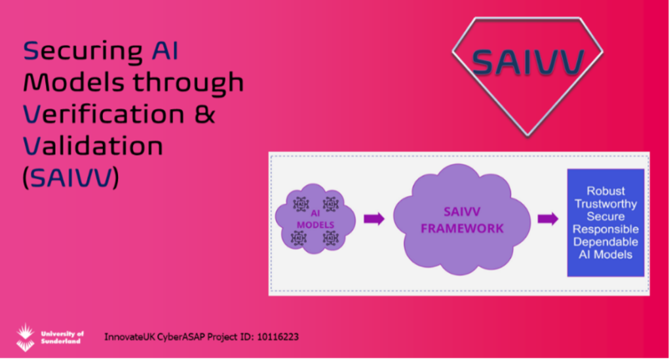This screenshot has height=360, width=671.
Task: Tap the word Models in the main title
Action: pyautogui.click(x=73, y=82)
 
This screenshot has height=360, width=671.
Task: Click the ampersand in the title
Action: pyautogui.click(x=204, y=114)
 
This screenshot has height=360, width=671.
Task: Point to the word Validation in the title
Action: pyautogui.click(x=93, y=146)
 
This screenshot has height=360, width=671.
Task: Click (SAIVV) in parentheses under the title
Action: pyautogui.click(x=71, y=178)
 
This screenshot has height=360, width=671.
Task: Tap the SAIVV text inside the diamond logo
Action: pyautogui.click(x=527, y=62)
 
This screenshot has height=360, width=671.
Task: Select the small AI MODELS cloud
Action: pyautogui.click(x=315, y=219)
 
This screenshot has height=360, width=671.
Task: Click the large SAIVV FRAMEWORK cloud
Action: pyautogui.click(x=462, y=219)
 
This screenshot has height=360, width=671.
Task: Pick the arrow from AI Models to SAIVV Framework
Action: pyautogui.click(x=374, y=219)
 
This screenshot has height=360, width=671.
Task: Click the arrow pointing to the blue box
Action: pyautogui.click(x=548, y=219)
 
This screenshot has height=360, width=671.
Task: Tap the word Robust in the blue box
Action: pyautogui.click(x=605, y=191)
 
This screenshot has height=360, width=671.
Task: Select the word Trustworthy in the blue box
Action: pyautogui.click(x=605, y=204)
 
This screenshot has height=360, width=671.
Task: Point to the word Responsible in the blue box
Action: pyautogui.click(x=605, y=229)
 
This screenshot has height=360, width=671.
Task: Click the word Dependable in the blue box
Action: pyautogui.click(x=605, y=242)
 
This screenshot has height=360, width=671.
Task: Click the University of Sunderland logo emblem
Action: pyautogui.click(x=26, y=337)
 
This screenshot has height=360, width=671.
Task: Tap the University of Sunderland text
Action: pyautogui.click(x=62, y=337)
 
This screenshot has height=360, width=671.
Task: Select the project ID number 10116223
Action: pyautogui.click(x=278, y=337)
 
